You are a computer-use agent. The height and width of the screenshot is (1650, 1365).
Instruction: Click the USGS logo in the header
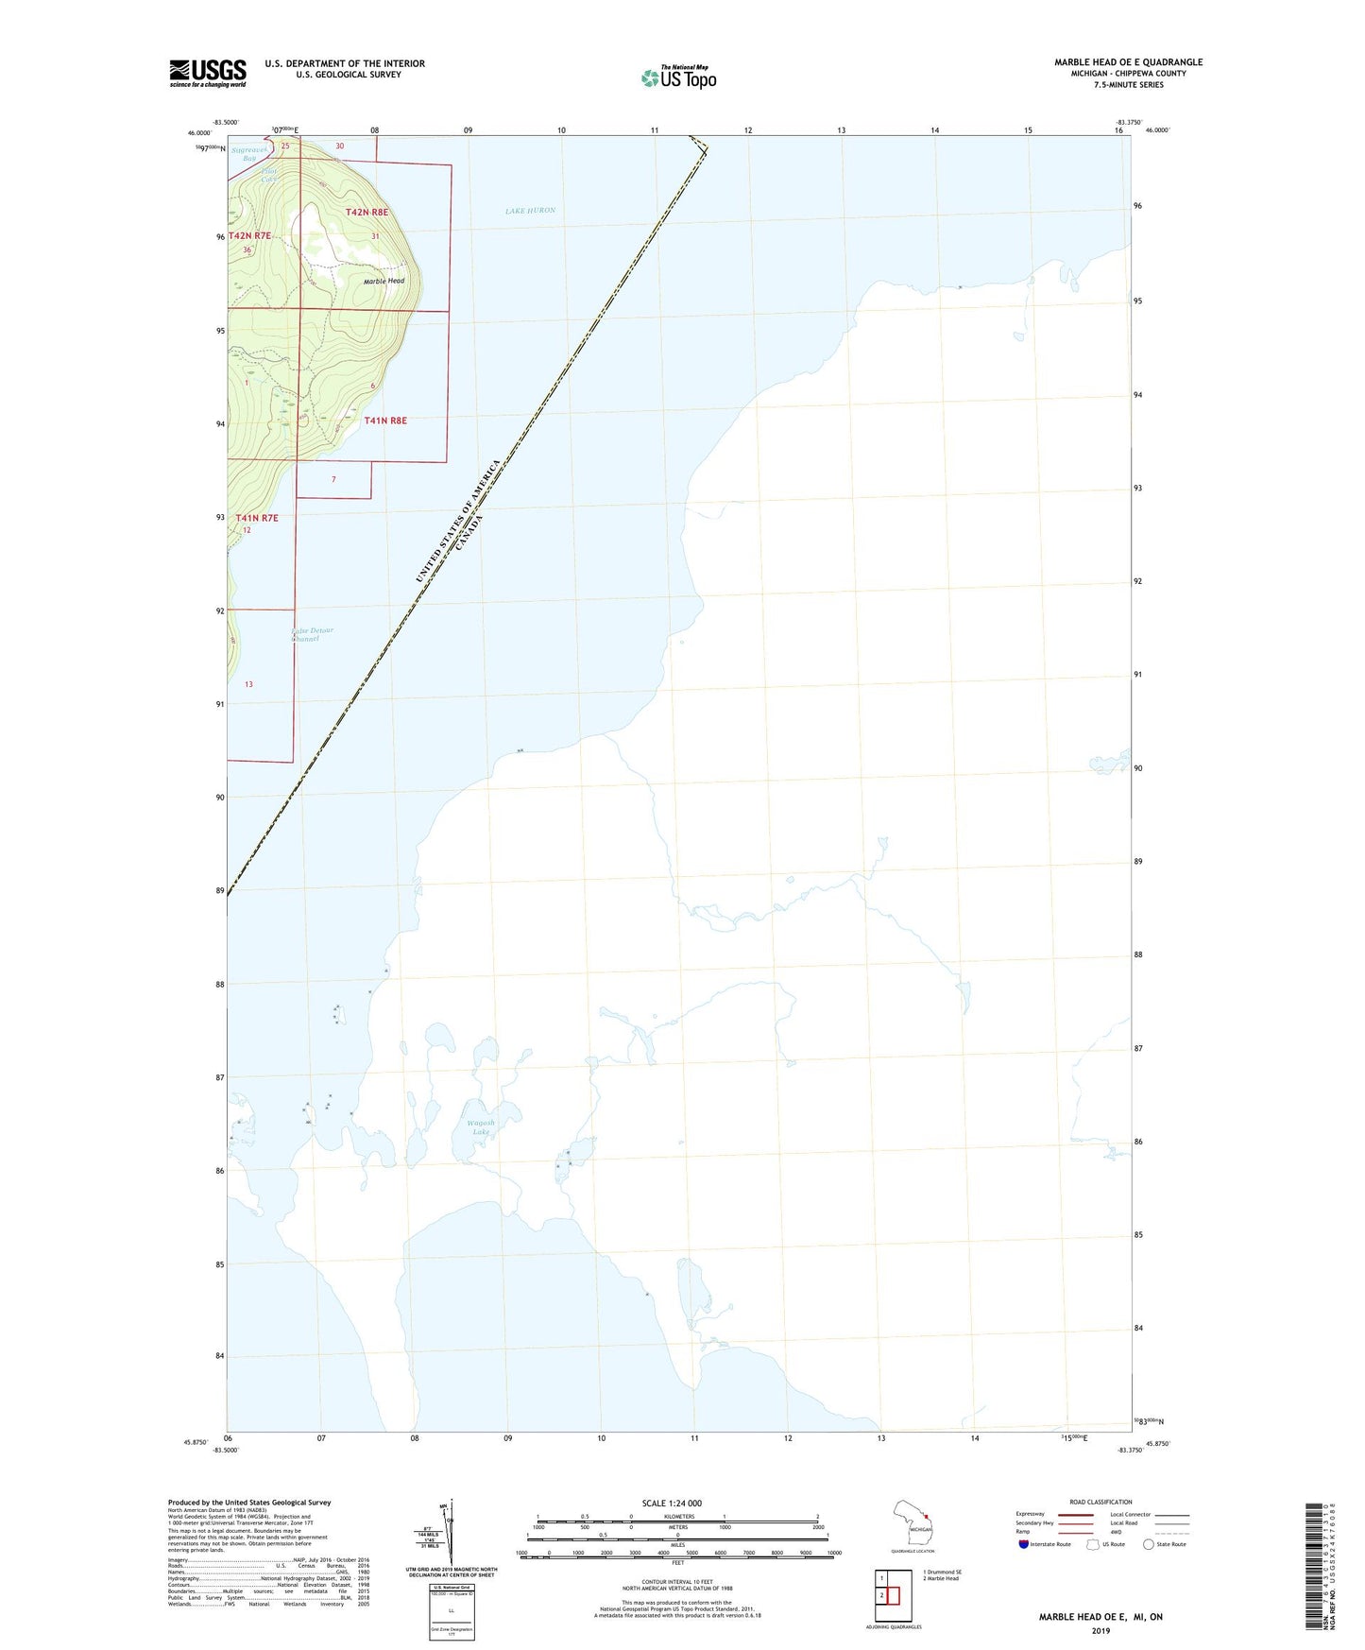(x=208, y=73)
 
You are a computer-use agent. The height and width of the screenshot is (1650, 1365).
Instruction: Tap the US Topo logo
(x=678, y=77)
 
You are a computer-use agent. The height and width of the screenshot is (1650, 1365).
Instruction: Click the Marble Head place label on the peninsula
(x=384, y=281)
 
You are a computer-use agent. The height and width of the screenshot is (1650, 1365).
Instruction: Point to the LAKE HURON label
(x=530, y=211)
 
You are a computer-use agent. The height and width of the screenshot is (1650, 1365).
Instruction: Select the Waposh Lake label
(x=481, y=1127)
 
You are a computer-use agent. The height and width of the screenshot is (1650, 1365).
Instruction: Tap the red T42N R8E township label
(x=367, y=213)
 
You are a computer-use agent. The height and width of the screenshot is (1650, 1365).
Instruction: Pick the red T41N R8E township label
(x=385, y=421)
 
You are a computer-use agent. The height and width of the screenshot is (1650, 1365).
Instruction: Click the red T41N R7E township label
(x=257, y=518)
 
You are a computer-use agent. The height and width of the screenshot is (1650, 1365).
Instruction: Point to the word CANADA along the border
(x=469, y=533)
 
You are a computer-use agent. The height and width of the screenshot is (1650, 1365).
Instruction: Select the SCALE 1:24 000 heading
(x=672, y=1503)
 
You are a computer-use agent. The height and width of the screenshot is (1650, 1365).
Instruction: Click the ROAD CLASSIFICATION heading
(x=1101, y=1502)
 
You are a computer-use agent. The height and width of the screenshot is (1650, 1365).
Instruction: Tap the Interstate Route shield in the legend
(x=1024, y=1544)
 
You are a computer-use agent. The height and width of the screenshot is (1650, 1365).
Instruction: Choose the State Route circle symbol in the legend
(x=1149, y=1544)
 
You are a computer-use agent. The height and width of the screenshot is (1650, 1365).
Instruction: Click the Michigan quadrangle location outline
(x=913, y=1525)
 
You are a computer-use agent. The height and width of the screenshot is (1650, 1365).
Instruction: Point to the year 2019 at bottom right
(x=1101, y=1630)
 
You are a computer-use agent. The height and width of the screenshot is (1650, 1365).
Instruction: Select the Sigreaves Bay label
(x=249, y=153)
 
